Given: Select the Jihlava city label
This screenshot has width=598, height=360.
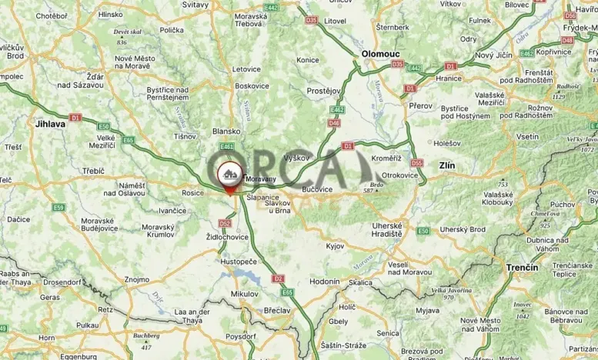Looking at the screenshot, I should (x=50, y=122).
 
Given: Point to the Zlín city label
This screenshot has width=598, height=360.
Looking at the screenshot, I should (x=446, y=165).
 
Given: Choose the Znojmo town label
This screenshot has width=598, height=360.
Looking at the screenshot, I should (x=136, y=279).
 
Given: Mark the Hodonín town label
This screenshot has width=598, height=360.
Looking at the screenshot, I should (x=324, y=282).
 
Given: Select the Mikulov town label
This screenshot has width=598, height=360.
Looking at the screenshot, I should (x=245, y=294).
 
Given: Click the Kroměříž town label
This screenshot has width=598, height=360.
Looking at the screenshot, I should (x=386, y=158).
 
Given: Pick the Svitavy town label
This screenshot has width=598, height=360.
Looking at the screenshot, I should (x=195, y=5).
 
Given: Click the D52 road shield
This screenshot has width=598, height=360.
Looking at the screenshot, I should (x=224, y=223).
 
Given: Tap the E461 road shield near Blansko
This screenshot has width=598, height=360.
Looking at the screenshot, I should (x=226, y=145).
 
